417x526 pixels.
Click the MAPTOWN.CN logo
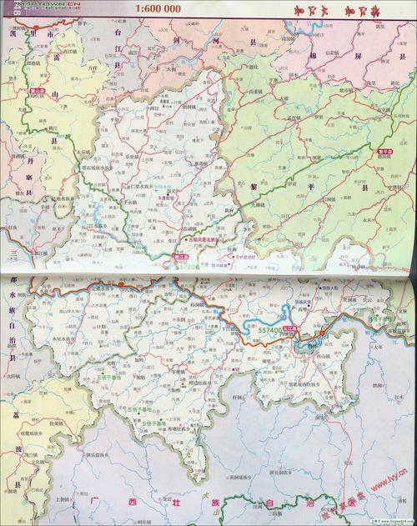pyautogui.click(x=35, y=6)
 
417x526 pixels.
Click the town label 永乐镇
pyautogui.click(x=83, y=153)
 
